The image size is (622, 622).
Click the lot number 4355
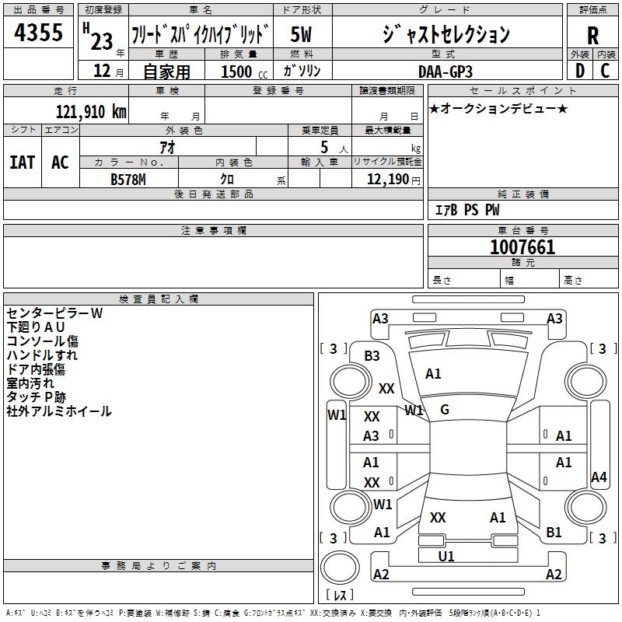39,35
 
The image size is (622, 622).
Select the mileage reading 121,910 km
91,112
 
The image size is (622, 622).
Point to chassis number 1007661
522,247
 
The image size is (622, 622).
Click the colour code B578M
129,179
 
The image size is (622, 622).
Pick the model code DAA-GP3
444,72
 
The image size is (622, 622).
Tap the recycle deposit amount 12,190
387,180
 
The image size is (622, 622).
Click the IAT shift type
23,162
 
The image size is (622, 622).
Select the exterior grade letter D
580,71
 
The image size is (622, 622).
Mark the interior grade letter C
605,71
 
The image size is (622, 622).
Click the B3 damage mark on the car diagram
372,356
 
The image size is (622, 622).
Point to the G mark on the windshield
445,410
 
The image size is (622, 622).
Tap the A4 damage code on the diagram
599,477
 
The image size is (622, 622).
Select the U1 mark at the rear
446,557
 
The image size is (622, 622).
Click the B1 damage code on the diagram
554,533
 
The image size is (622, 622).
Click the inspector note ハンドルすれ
42,355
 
